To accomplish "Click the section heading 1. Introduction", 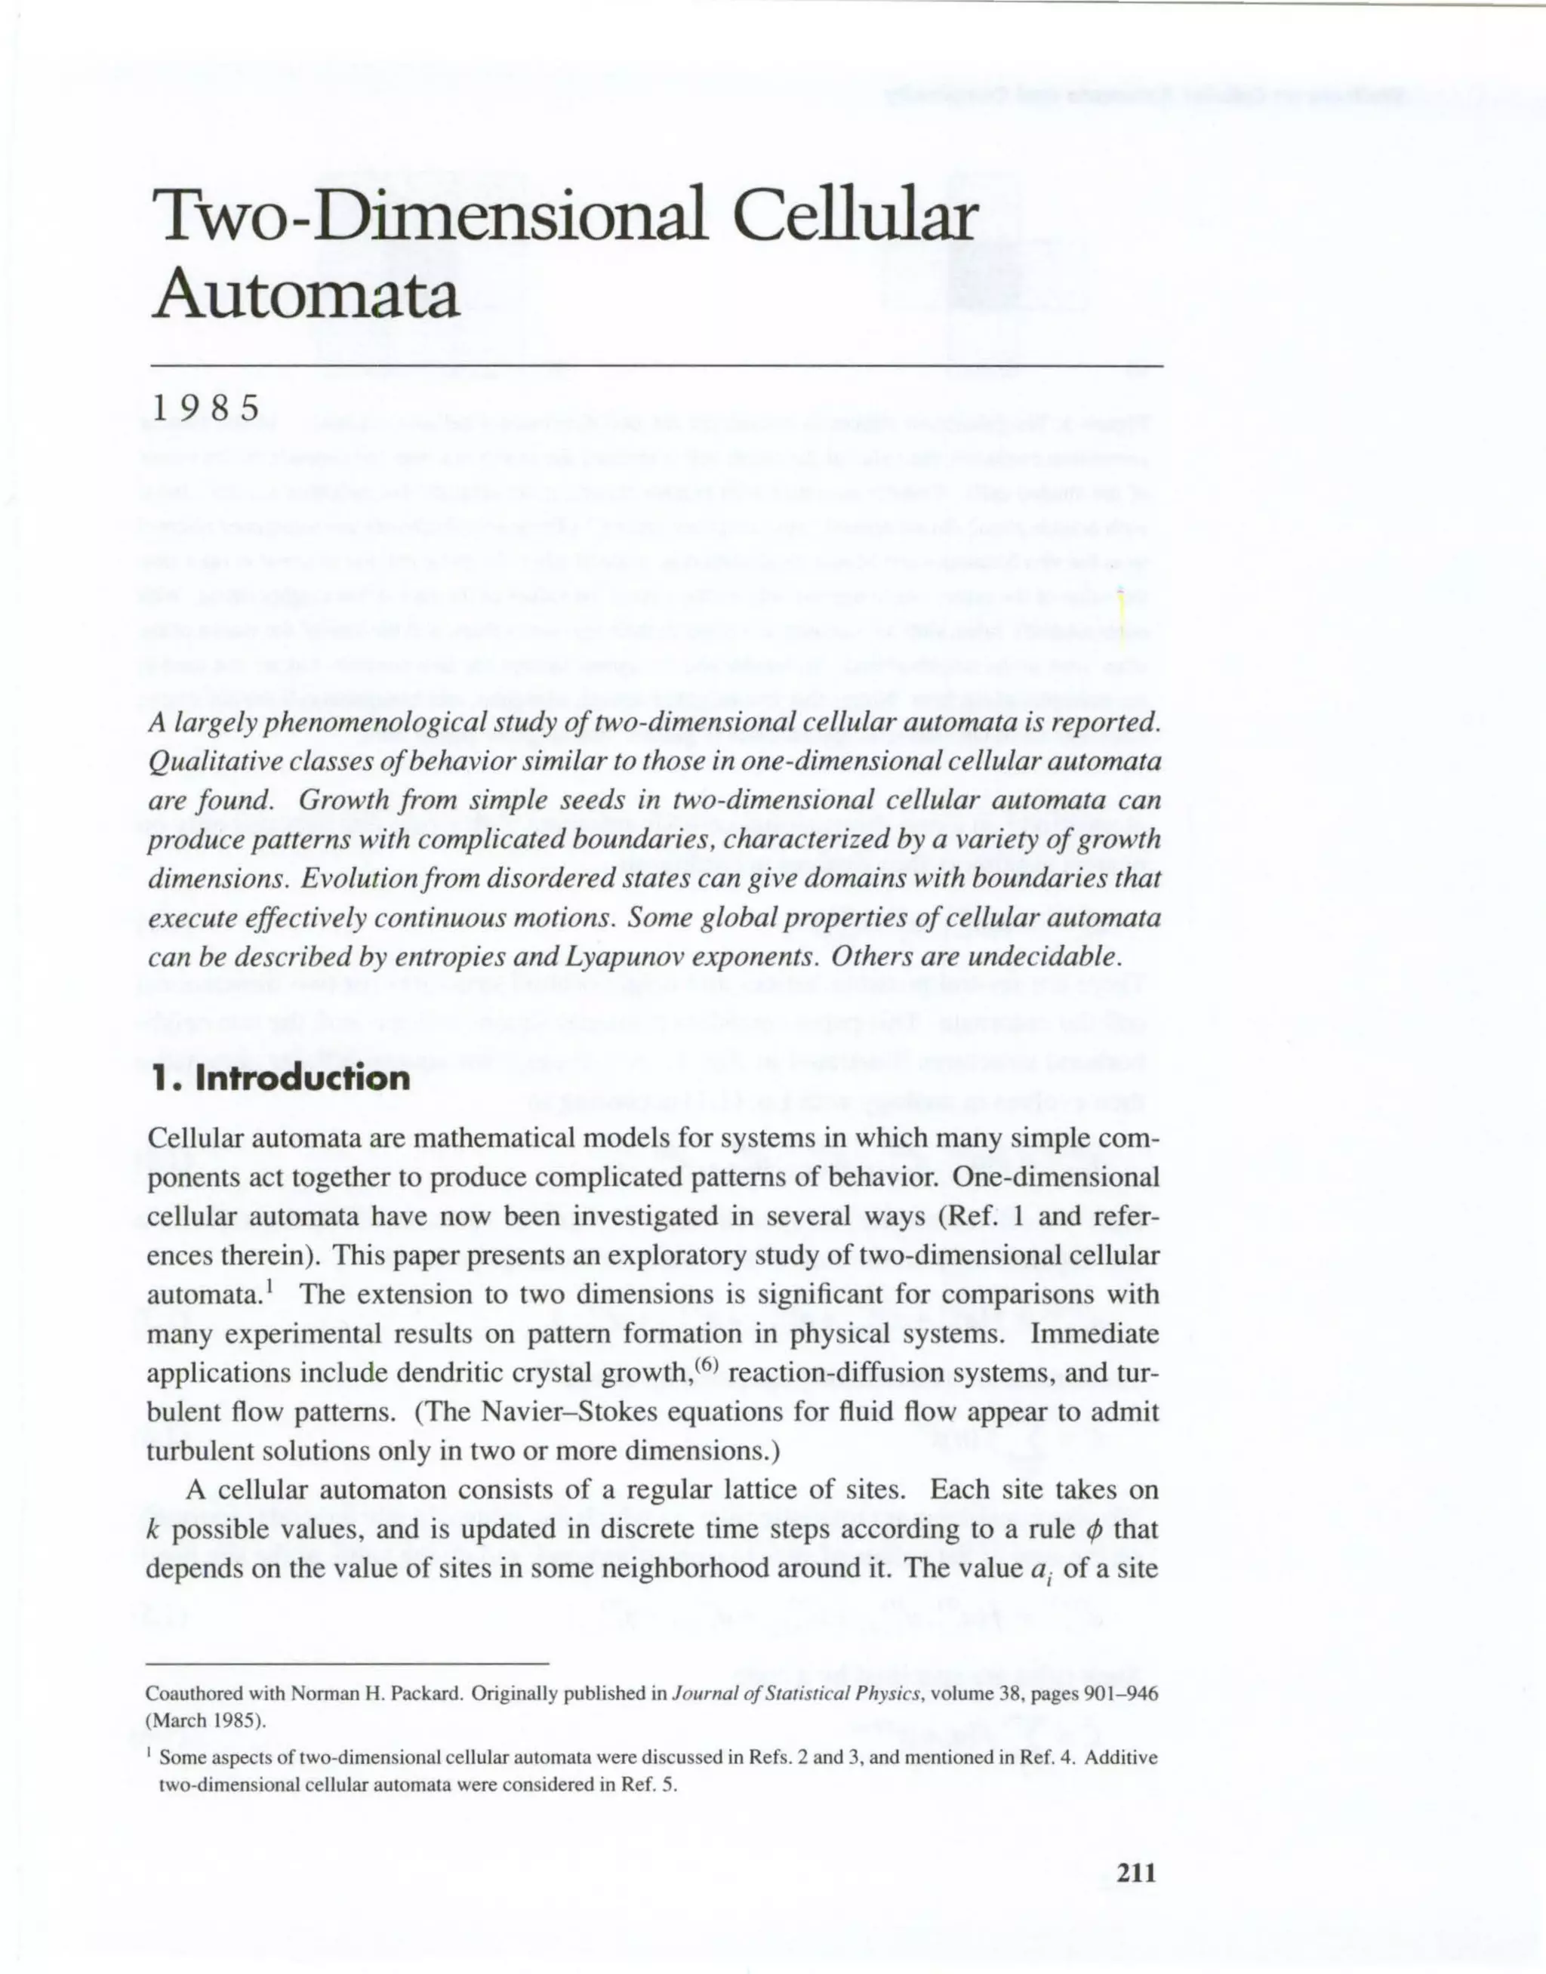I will tap(281, 1078).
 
